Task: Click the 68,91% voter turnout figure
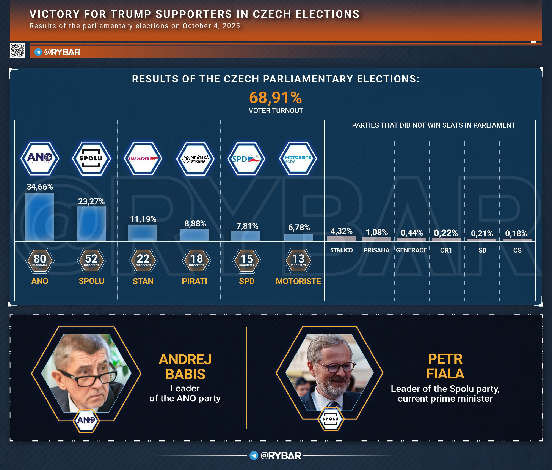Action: click(276, 98)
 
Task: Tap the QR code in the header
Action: click(17, 50)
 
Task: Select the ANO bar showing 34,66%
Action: click(40, 217)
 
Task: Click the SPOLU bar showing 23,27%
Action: click(91, 224)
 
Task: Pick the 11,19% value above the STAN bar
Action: click(143, 219)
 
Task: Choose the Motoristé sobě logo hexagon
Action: click(298, 158)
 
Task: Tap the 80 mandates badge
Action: click(40, 260)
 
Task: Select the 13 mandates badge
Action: click(298, 260)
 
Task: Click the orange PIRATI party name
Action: click(194, 281)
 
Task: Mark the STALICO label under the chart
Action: click(342, 250)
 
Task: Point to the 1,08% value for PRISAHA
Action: click(377, 232)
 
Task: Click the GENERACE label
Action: click(411, 250)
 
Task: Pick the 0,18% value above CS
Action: click(516, 233)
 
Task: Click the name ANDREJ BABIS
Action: click(185, 367)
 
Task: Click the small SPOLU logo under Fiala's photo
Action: click(331, 419)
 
